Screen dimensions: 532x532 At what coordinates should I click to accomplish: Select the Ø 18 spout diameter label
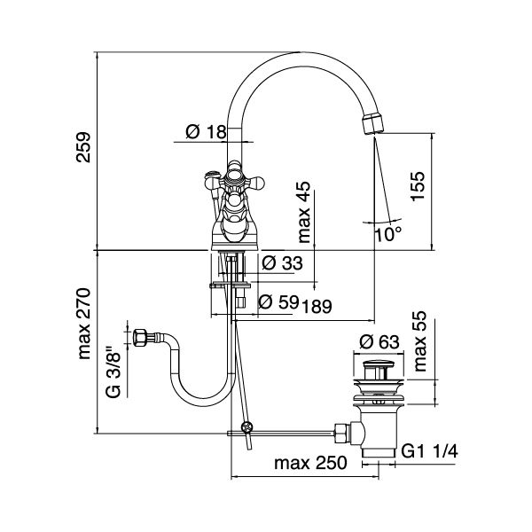pos(205,133)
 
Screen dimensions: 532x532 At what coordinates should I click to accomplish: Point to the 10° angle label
pos(387,233)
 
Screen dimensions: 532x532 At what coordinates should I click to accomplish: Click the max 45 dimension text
pos(304,213)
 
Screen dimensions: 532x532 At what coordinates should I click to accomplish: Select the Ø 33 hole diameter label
pos(282,263)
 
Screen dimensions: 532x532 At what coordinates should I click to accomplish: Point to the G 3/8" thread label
pos(113,372)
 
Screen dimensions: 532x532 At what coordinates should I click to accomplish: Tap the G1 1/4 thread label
pos(430,450)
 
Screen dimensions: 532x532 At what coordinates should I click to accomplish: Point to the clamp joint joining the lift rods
pos(249,430)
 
